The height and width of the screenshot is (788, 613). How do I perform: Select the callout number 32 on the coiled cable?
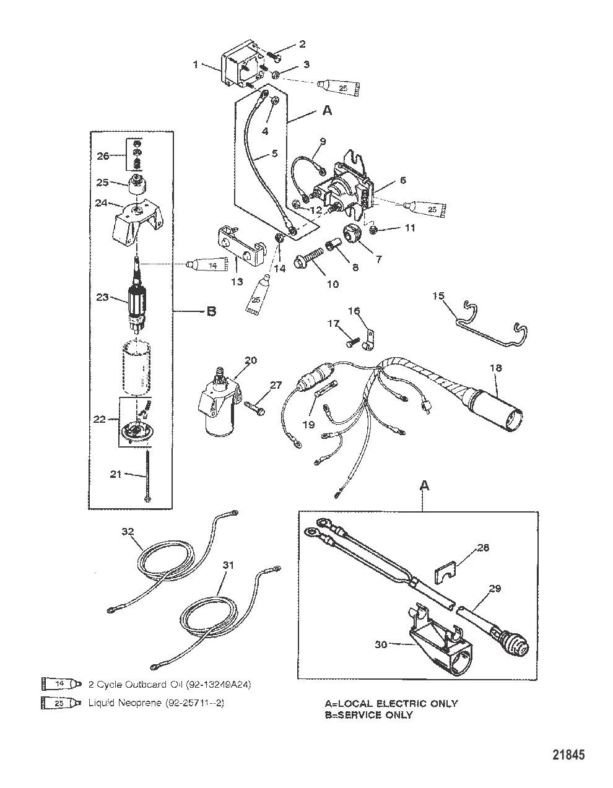point(128,531)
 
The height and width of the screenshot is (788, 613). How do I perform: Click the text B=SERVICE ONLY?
point(369,715)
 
